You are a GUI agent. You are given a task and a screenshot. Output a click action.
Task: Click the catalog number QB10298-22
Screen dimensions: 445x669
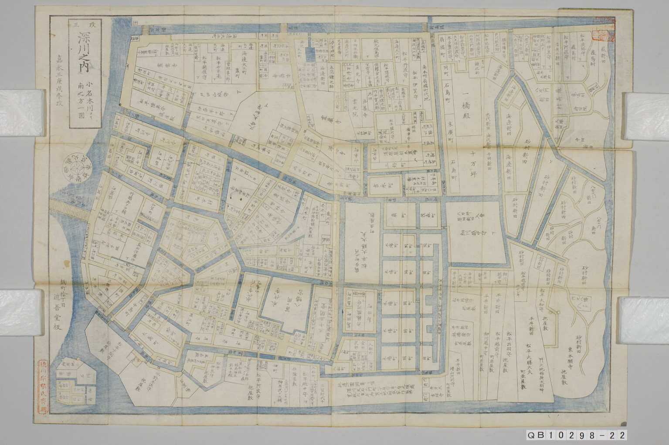(577, 435)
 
